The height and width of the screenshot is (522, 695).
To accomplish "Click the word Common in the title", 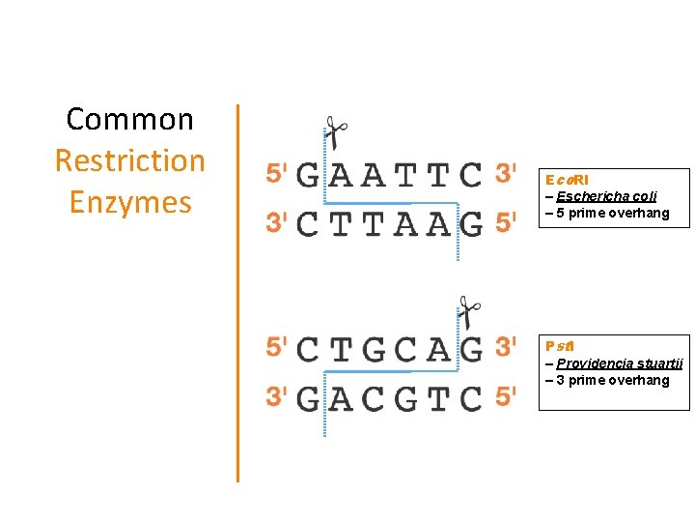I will [129, 120].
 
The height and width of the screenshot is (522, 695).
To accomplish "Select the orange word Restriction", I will [129, 160].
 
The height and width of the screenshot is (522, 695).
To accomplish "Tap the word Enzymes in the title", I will [129, 202].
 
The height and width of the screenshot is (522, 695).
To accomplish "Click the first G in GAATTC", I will [308, 175].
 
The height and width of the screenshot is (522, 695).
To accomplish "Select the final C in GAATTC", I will [470, 175].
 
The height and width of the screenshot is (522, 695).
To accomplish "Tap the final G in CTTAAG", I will [470, 224].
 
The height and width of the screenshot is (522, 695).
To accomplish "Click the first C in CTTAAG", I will [308, 224].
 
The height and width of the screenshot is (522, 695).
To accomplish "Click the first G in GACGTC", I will [308, 397].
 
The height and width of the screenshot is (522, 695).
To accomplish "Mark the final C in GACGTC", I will [470, 397].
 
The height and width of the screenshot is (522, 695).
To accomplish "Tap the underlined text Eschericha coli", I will [606, 196].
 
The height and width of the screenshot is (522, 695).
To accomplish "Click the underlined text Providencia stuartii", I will [619, 363].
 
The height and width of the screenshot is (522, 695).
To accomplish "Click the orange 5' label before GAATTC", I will [276, 174].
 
